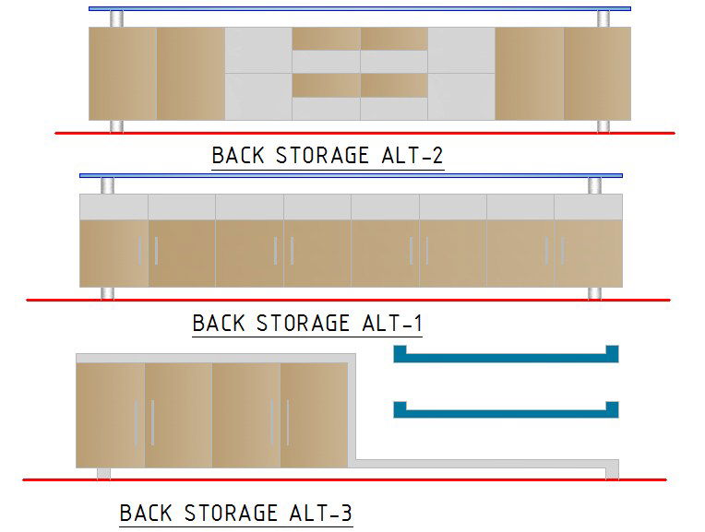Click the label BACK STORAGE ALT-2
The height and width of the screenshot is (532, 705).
tap(328, 155)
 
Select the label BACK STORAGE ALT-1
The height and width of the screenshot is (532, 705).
tap(307, 324)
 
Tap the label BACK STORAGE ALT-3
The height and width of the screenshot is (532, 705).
tap(236, 513)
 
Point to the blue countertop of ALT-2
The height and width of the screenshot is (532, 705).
tap(360, 9)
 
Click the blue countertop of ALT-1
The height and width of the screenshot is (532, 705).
tap(351, 175)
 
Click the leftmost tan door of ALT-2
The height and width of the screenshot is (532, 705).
tap(123, 74)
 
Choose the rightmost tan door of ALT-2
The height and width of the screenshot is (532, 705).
tap(597, 74)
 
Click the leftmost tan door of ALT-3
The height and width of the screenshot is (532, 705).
tap(111, 415)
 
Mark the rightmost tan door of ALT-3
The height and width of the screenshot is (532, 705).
tap(315, 415)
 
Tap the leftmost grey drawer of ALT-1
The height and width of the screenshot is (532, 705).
tap(114, 207)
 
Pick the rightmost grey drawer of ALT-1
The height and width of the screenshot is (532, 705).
tap(589, 207)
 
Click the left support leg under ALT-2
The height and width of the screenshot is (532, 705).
tap(116, 126)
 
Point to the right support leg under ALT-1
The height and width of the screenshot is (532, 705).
tap(595, 293)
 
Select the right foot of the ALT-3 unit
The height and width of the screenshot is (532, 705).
tap(612, 473)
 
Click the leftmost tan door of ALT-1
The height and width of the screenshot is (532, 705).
tap(114, 253)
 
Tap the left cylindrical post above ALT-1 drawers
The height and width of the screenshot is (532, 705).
tap(108, 185)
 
